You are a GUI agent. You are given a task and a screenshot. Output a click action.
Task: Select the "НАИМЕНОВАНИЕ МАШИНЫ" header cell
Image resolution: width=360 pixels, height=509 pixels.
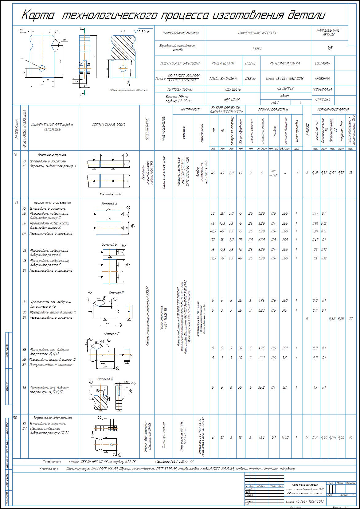181,33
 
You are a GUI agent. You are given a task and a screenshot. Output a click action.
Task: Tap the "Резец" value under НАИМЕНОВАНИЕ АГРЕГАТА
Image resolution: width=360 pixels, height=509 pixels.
257,48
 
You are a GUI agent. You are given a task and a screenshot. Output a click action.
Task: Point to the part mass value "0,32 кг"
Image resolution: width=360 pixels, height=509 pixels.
250,63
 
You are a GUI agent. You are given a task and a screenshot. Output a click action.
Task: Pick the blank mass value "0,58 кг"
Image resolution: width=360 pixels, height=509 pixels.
250,79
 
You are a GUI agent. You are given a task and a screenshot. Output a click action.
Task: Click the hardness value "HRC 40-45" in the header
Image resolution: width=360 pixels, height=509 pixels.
232,100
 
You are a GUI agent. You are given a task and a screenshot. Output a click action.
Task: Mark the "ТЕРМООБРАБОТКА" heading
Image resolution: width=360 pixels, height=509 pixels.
180,89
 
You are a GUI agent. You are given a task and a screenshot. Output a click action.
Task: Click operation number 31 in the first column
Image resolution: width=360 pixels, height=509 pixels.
15,155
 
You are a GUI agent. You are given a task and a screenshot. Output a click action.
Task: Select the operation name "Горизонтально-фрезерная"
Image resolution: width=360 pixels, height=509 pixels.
52,202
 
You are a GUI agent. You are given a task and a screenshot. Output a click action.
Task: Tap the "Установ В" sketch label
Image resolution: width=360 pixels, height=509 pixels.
116,293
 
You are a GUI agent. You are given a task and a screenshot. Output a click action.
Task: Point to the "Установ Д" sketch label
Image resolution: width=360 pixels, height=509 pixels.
105,379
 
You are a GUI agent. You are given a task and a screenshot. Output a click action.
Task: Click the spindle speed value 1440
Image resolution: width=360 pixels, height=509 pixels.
284,437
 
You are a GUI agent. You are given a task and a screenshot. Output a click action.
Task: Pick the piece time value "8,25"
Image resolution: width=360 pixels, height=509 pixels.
341,319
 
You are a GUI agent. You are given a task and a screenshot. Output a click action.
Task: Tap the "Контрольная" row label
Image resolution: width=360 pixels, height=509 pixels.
49,469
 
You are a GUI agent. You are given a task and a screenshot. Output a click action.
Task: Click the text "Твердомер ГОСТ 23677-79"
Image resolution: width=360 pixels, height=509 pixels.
175,461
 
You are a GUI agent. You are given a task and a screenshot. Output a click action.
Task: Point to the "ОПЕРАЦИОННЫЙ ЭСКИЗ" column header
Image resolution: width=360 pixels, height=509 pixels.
109,125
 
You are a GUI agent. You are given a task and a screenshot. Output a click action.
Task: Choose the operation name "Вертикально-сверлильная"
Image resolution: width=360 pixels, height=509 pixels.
53,418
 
